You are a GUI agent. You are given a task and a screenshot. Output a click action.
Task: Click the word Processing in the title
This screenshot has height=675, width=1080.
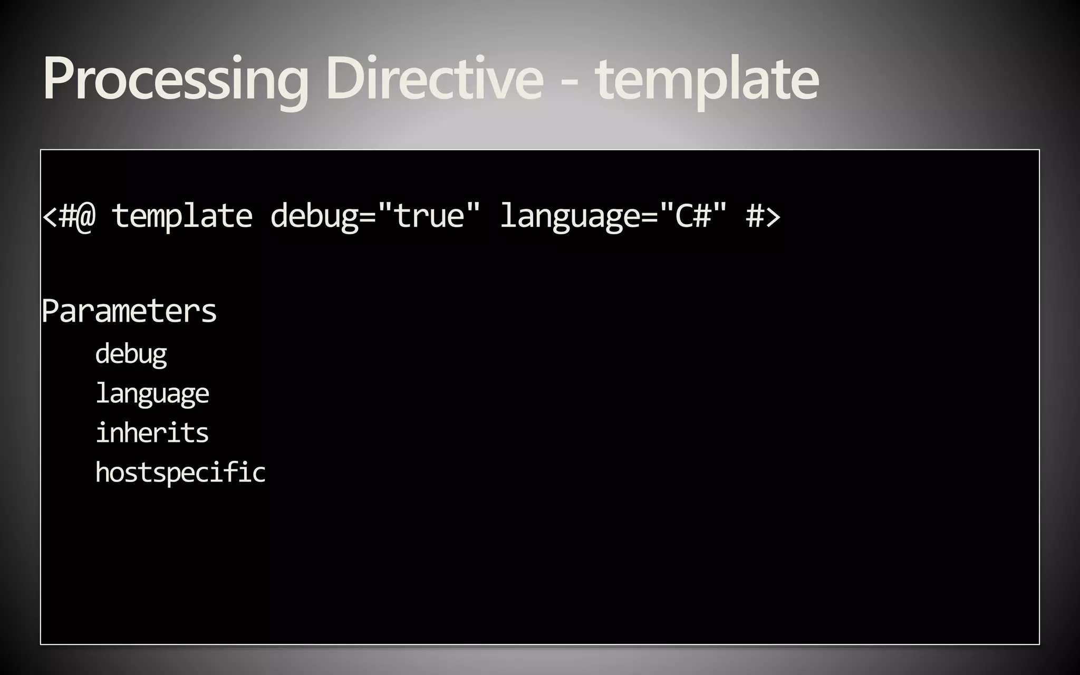[175, 79]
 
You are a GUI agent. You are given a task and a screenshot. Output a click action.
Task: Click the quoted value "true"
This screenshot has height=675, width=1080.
[429, 215]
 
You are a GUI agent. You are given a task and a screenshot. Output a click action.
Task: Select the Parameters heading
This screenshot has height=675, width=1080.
[129, 311]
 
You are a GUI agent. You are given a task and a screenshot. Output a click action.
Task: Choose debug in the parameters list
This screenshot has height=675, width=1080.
[131, 354]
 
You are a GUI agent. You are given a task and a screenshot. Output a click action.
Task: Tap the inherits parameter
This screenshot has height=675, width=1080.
[152, 433]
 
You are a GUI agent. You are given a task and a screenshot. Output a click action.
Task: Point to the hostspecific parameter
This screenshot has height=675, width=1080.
[180, 472]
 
